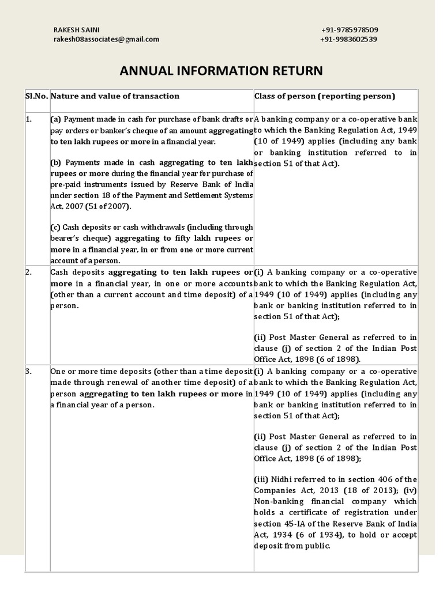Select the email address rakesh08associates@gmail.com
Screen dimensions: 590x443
106,39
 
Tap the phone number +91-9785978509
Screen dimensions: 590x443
350,30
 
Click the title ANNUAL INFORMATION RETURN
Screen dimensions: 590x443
221,71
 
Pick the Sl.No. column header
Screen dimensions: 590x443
37,96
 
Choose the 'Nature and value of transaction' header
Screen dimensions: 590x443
115,96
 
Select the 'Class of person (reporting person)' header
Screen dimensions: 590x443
325,96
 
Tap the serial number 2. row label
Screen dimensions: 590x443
29,272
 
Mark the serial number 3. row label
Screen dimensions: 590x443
29,372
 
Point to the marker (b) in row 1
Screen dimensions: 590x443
56,163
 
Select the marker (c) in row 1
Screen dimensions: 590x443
55,228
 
